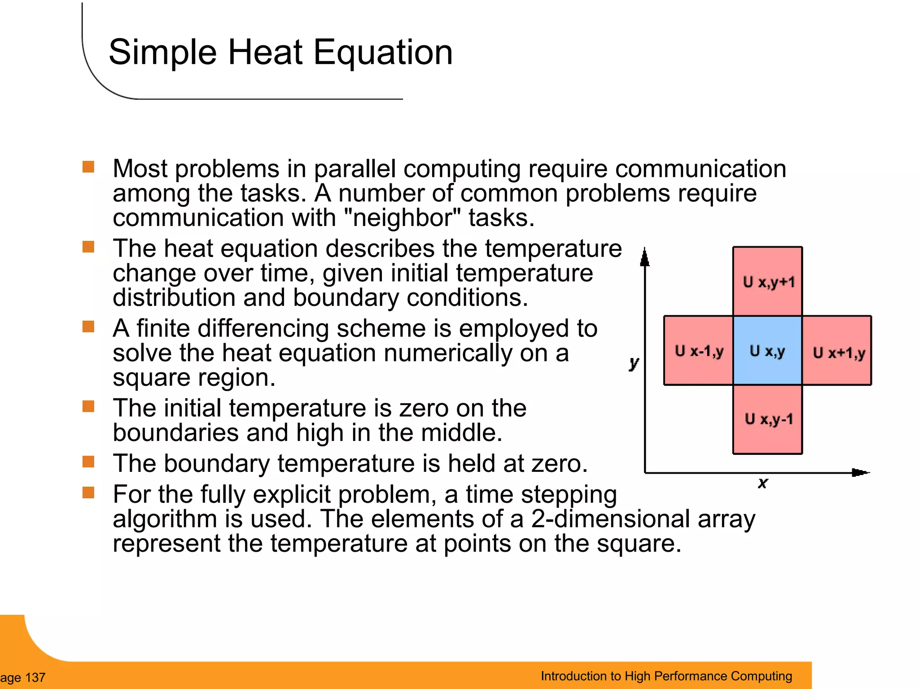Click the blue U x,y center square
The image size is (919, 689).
pyautogui.click(x=767, y=350)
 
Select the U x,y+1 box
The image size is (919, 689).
pyautogui.click(x=767, y=281)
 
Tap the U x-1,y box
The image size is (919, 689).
pyautogui.click(x=698, y=350)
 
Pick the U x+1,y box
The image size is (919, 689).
pyautogui.click(x=837, y=350)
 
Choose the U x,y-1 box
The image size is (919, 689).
pyautogui.click(x=767, y=419)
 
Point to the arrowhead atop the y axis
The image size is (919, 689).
pyautogui.click(x=645, y=258)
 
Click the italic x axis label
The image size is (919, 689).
pyautogui.click(x=762, y=483)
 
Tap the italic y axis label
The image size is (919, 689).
pyautogui.click(x=634, y=362)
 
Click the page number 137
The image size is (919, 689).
pyautogui.click(x=35, y=677)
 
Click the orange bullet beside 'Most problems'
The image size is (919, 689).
pyautogui.click(x=88, y=167)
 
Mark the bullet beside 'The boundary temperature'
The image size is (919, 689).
pyautogui.click(x=88, y=462)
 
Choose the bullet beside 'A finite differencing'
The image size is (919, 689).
pyautogui.click(x=88, y=327)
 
